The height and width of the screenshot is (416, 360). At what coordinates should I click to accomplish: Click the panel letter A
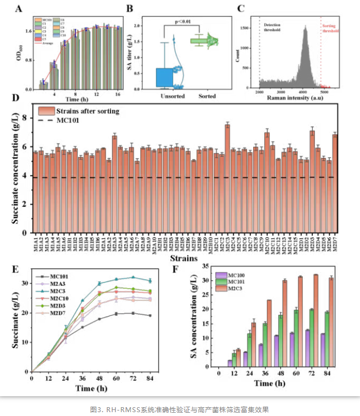click(x=19, y=8)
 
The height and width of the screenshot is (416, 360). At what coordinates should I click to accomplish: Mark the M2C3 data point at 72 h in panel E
click(x=132, y=277)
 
